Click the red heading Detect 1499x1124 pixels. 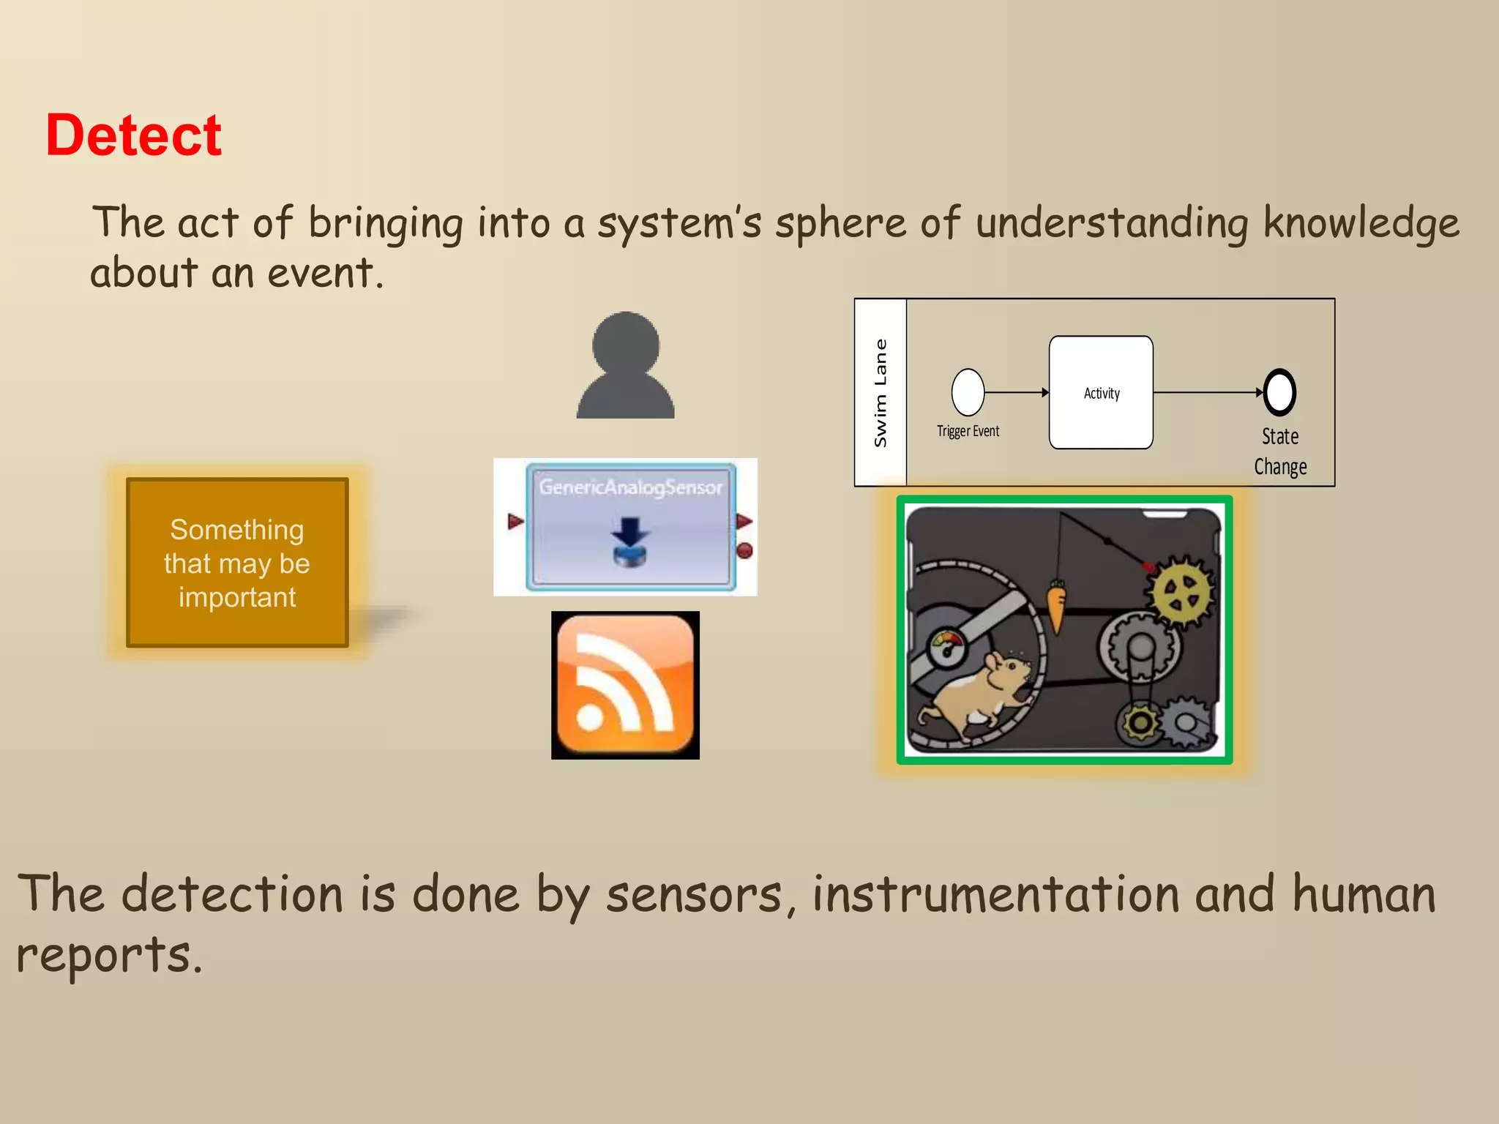pos(133,136)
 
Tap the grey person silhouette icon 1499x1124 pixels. pos(625,366)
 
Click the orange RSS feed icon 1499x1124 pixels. pos(625,685)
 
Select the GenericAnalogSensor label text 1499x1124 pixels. pos(630,487)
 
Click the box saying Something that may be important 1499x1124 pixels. pos(237,563)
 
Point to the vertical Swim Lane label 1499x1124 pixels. pos(881,393)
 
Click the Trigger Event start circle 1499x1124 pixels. pos(968,392)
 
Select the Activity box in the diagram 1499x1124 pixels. pos(1101,393)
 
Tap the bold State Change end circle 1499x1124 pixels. pos(1279,392)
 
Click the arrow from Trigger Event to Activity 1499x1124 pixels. pos(1017,393)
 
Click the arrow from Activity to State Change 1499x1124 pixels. pos(1208,393)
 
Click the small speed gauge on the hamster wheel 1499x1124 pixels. pos(947,647)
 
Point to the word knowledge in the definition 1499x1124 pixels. pos(1361,223)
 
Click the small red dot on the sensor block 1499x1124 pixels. pos(744,550)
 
